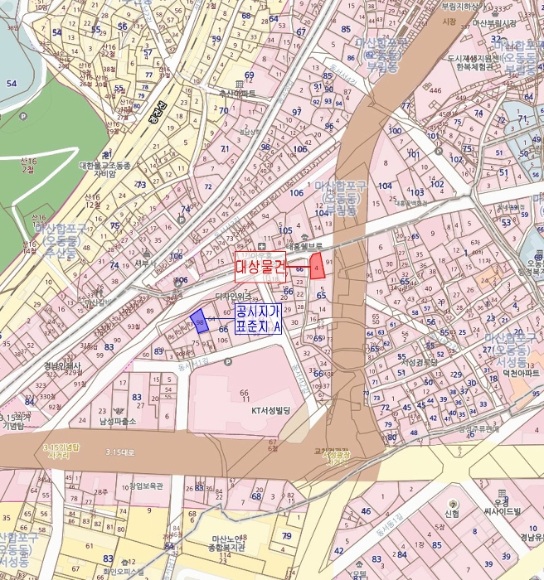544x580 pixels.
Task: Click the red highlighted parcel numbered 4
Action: coord(317,265)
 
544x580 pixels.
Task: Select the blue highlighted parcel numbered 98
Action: coord(198,320)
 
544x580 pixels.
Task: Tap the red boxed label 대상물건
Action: coord(260,267)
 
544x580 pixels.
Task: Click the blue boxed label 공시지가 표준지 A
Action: coord(258,319)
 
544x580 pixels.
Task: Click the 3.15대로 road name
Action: coord(120,452)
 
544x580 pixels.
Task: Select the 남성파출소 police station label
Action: coord(117,421)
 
